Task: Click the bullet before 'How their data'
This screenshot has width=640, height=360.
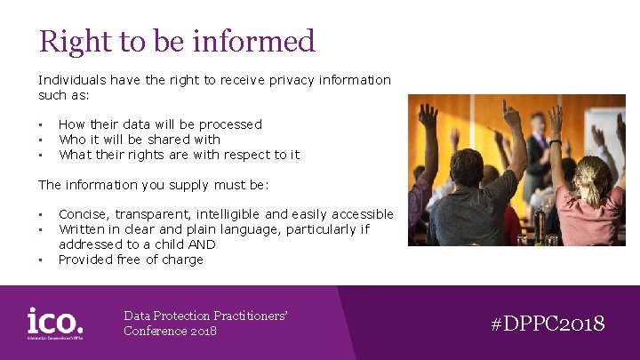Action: click(x=41, y=124)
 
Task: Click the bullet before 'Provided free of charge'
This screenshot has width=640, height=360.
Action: click(x=41, y=260)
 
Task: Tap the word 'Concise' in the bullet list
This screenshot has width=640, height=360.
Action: click(x=83, y=214)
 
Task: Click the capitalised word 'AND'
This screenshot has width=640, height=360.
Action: click(x=201, y=244)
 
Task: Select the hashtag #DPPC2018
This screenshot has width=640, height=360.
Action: click(x=548, y=324)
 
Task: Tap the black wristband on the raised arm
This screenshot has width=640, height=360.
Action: click(x=556, y=141)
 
